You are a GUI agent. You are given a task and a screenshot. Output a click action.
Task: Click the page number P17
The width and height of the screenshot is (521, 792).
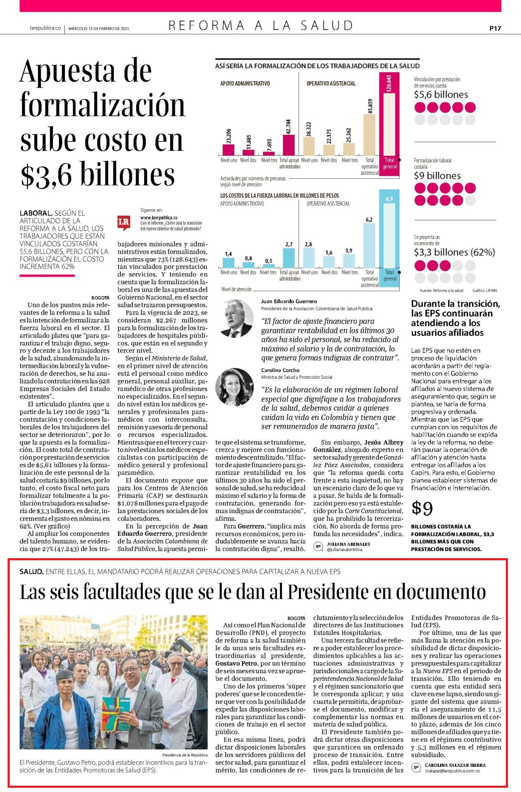495,28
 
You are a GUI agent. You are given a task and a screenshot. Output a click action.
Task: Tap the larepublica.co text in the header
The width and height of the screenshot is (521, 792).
45,28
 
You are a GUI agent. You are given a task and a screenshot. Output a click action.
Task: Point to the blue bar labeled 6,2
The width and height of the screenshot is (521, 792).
369,246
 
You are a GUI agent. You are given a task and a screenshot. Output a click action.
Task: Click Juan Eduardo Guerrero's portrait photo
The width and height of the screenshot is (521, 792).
234,318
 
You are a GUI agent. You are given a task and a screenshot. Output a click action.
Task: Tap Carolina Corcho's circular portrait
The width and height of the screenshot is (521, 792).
234,387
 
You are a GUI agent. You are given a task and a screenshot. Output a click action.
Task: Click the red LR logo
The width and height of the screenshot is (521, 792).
124,222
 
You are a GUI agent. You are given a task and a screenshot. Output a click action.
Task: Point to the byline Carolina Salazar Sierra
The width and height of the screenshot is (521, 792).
455,765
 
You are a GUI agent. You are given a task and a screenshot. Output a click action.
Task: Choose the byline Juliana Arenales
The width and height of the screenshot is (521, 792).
348,544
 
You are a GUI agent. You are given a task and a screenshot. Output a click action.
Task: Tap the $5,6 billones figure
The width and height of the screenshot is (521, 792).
441,94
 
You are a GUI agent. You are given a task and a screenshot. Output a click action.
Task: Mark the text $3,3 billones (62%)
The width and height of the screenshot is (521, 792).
454,252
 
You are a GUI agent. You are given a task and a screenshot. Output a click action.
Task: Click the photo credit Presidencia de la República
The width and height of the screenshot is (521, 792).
185,755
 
